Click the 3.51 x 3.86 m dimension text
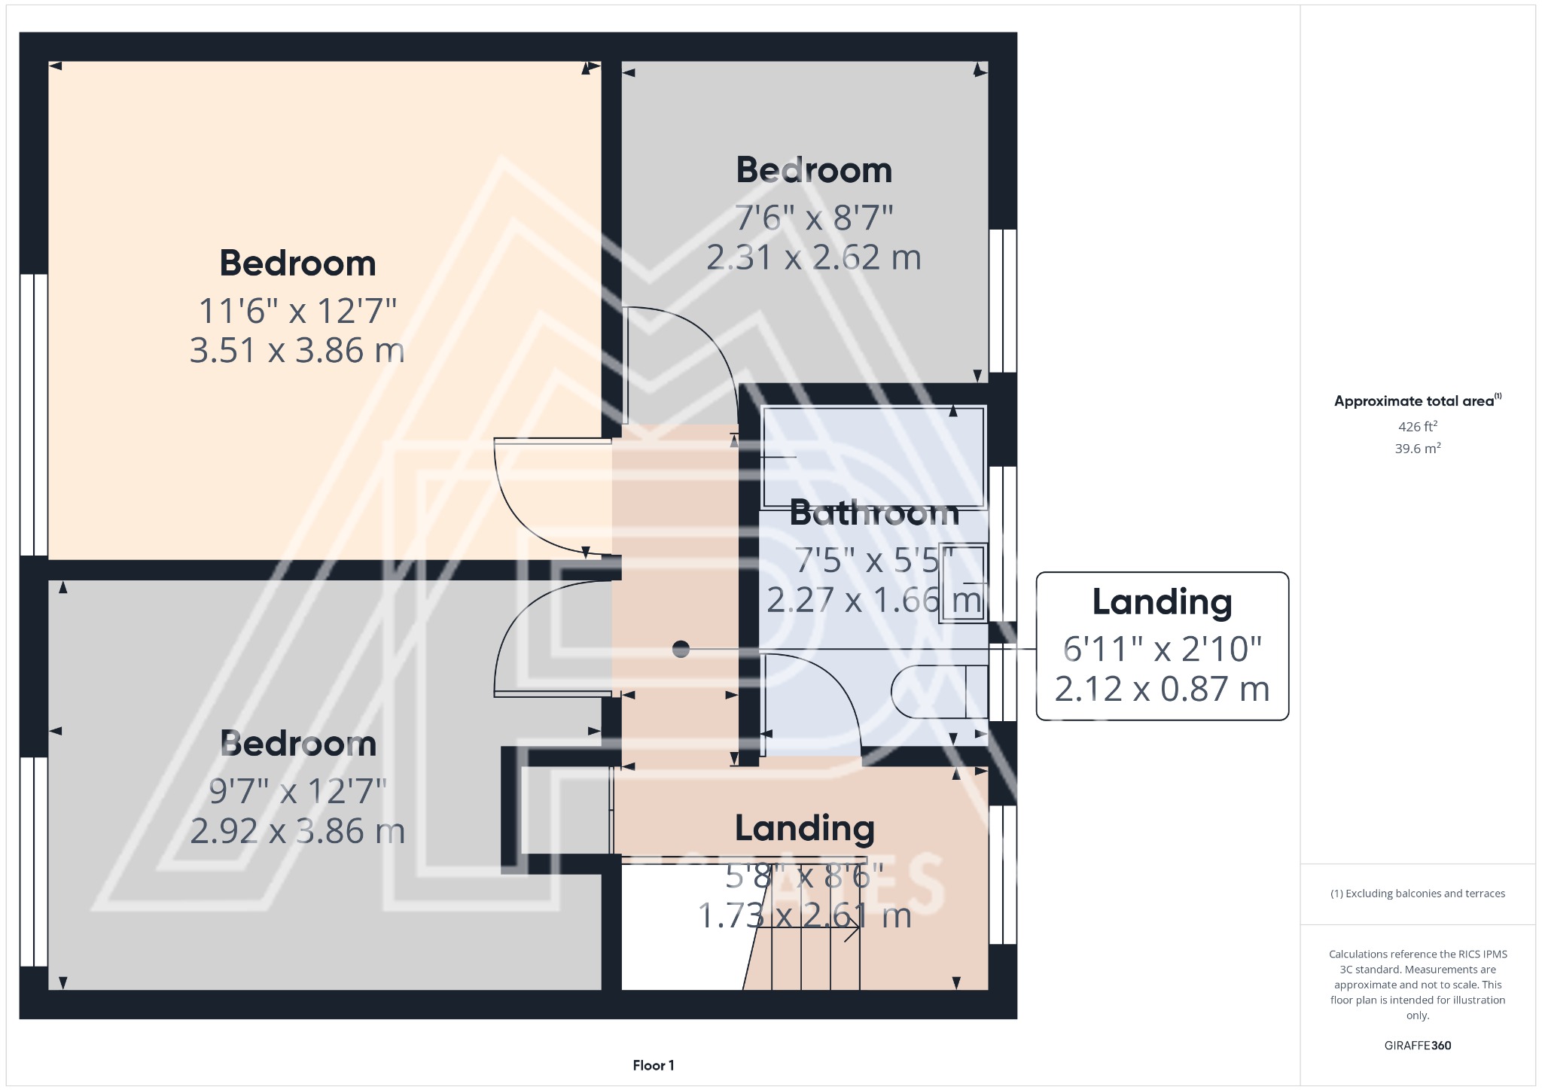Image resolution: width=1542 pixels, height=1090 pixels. (x=297, y=351)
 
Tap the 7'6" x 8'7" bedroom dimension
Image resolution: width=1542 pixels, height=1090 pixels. (x=813, y=218)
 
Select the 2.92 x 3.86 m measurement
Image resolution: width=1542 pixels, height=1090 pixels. (x=297, y=832)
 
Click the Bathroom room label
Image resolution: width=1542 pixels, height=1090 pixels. (x=873, y=513)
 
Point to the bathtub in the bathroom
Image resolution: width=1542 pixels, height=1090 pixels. (x=873, y=457)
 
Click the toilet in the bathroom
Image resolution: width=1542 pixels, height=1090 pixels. (x=937, y=691)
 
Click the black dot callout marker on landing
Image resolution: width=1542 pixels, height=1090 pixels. (x=681, y=648)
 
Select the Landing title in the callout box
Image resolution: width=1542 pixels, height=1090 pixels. (x=1162, y=602)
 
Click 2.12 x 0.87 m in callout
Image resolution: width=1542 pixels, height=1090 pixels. (x=1162, y=690)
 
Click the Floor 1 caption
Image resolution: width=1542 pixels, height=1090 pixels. (x=653, y=1065)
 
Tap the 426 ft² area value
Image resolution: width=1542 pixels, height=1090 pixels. (x=1417, y=427)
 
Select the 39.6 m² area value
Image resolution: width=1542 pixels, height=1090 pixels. (x=1417, y=449)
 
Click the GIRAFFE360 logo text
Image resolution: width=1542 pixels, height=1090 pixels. (x=1417, y=1045)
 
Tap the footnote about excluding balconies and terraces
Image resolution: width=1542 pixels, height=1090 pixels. (x=1417, y=894)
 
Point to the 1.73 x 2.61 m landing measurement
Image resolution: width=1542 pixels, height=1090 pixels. (x=804, y=916)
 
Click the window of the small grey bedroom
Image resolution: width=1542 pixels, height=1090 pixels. (x=1002, y=301)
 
